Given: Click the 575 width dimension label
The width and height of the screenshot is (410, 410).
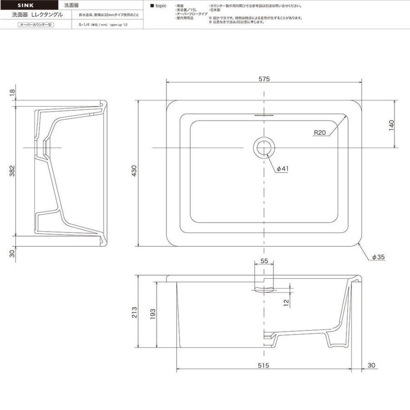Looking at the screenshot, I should point(264,78).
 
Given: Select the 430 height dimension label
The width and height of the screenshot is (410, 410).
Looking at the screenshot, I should point(135,172).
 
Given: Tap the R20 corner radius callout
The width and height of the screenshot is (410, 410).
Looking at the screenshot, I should point(320,133).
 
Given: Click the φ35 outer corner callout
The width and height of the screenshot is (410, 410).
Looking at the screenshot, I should point(379,257).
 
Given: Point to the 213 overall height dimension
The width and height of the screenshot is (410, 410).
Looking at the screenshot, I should point(135,313).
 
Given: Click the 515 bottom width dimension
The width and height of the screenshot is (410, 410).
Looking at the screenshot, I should point(264,365).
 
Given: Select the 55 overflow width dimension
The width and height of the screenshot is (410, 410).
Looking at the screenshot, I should point(264,261).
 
